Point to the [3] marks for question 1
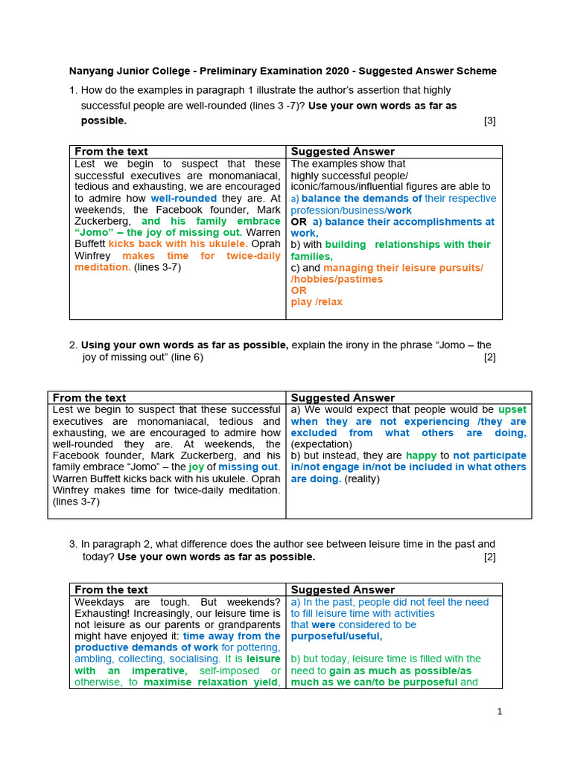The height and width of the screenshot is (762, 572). tap(489, 121)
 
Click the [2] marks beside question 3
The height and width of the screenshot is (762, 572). tap(489, 557)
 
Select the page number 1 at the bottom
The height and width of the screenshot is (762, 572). tap(500, 711)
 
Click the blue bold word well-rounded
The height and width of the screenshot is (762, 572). tap(184, 199)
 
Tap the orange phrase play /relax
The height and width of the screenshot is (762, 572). tap(317, 302)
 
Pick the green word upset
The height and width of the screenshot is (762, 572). tap(512, 409)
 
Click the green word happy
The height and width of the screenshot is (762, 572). tap(422, 455)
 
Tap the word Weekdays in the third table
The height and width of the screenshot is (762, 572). tap(96, 601)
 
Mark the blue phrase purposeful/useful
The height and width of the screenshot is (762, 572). tap(336, 636)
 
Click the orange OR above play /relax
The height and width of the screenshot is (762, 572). tap(298, 291)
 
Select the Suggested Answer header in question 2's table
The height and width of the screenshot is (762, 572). tap(342, 397)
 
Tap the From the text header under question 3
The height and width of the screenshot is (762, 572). tap(111, 589)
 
